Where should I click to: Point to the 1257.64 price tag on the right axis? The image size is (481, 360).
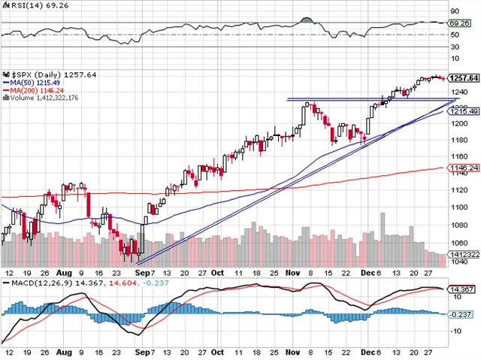click(x=463, y=77)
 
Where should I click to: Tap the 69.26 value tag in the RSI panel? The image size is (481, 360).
click(x=458, y=23)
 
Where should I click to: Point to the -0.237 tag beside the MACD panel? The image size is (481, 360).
click(x=461, y=314)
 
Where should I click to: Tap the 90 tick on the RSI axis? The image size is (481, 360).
click(x=454, y=12)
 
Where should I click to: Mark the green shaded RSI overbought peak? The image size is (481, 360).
click(x=307, y=20)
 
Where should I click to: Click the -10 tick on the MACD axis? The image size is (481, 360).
click(x=455, y=331)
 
